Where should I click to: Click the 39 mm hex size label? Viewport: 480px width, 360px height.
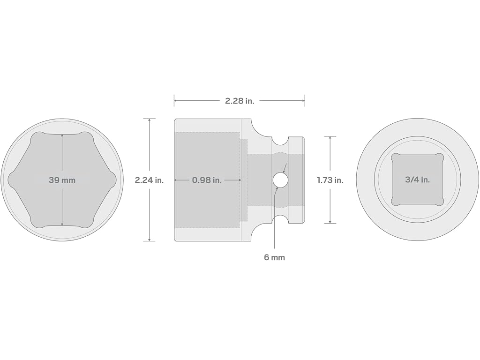tap(62, 180)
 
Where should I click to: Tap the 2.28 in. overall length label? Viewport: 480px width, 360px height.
tap(240, 101)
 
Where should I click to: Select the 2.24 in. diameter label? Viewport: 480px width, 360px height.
tap(150, 180)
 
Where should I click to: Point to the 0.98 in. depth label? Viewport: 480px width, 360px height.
tap(207, 180)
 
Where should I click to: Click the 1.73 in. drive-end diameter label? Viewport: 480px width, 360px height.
tap(330, 180)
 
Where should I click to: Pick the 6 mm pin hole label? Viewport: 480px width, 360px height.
tap(275, 257)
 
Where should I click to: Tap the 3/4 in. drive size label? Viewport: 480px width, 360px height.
tap(418, 180)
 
